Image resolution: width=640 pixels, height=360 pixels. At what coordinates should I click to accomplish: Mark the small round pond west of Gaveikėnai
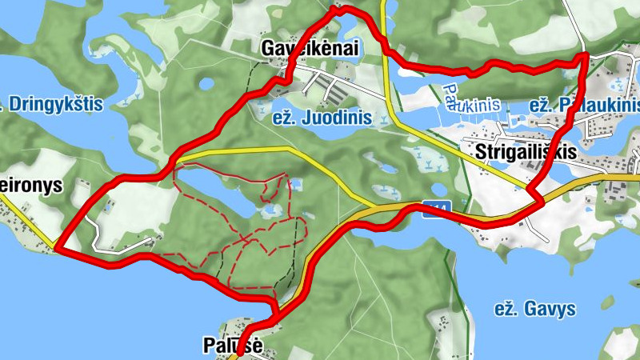tap(206, 82)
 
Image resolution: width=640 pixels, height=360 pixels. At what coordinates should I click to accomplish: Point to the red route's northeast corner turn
tap(585, 57)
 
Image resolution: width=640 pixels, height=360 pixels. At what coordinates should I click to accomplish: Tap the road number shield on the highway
tap(437, 209)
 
